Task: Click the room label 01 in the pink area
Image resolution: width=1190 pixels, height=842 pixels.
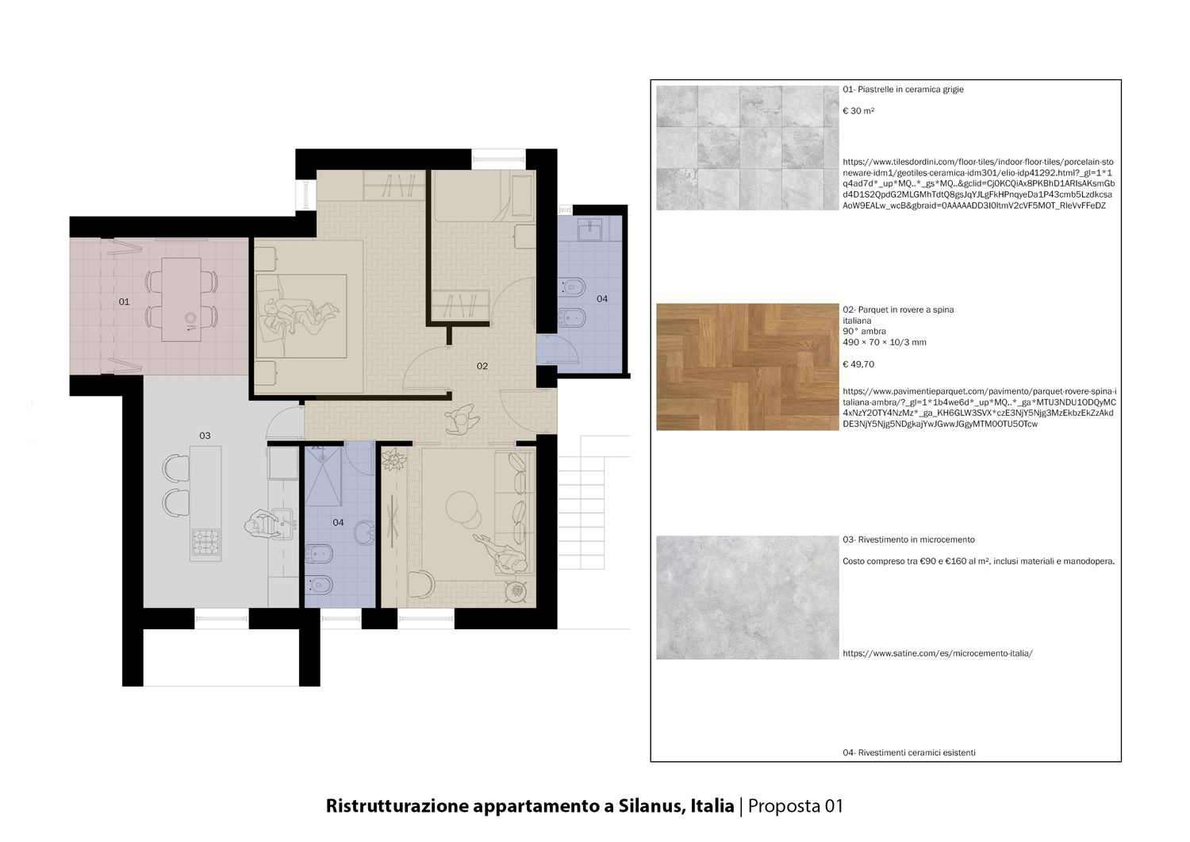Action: pos(124,302)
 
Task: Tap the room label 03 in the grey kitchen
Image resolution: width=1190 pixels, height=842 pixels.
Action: pos(205,436)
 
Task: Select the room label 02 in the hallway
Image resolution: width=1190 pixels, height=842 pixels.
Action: pos(482,367)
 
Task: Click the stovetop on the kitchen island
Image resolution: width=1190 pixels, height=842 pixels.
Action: pos(205,542)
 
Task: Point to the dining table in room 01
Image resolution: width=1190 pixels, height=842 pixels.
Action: pos(181,299)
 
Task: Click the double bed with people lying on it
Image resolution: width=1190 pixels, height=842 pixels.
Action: pos(301,316)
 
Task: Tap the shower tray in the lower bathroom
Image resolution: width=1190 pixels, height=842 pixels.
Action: pos(322,475)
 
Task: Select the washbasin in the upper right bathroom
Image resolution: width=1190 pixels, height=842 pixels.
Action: pos(589,229)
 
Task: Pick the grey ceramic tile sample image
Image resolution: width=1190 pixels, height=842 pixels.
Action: pos(747,148)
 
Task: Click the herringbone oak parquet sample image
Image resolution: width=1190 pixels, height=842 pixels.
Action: pos(747,367)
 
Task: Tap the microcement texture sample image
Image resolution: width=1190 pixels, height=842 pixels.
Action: pos(747,598)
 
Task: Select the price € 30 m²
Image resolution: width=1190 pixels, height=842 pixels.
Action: pos(858,111)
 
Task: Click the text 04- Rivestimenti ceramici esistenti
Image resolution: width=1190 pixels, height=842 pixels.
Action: pos(909,752)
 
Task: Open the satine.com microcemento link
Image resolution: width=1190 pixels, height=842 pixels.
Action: pos(938,653)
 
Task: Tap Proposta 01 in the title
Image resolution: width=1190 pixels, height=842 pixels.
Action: pos(795,805)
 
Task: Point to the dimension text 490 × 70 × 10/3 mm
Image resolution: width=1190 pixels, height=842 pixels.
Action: pos(885,342)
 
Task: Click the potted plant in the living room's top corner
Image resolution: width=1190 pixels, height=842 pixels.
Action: pos(394,459)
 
